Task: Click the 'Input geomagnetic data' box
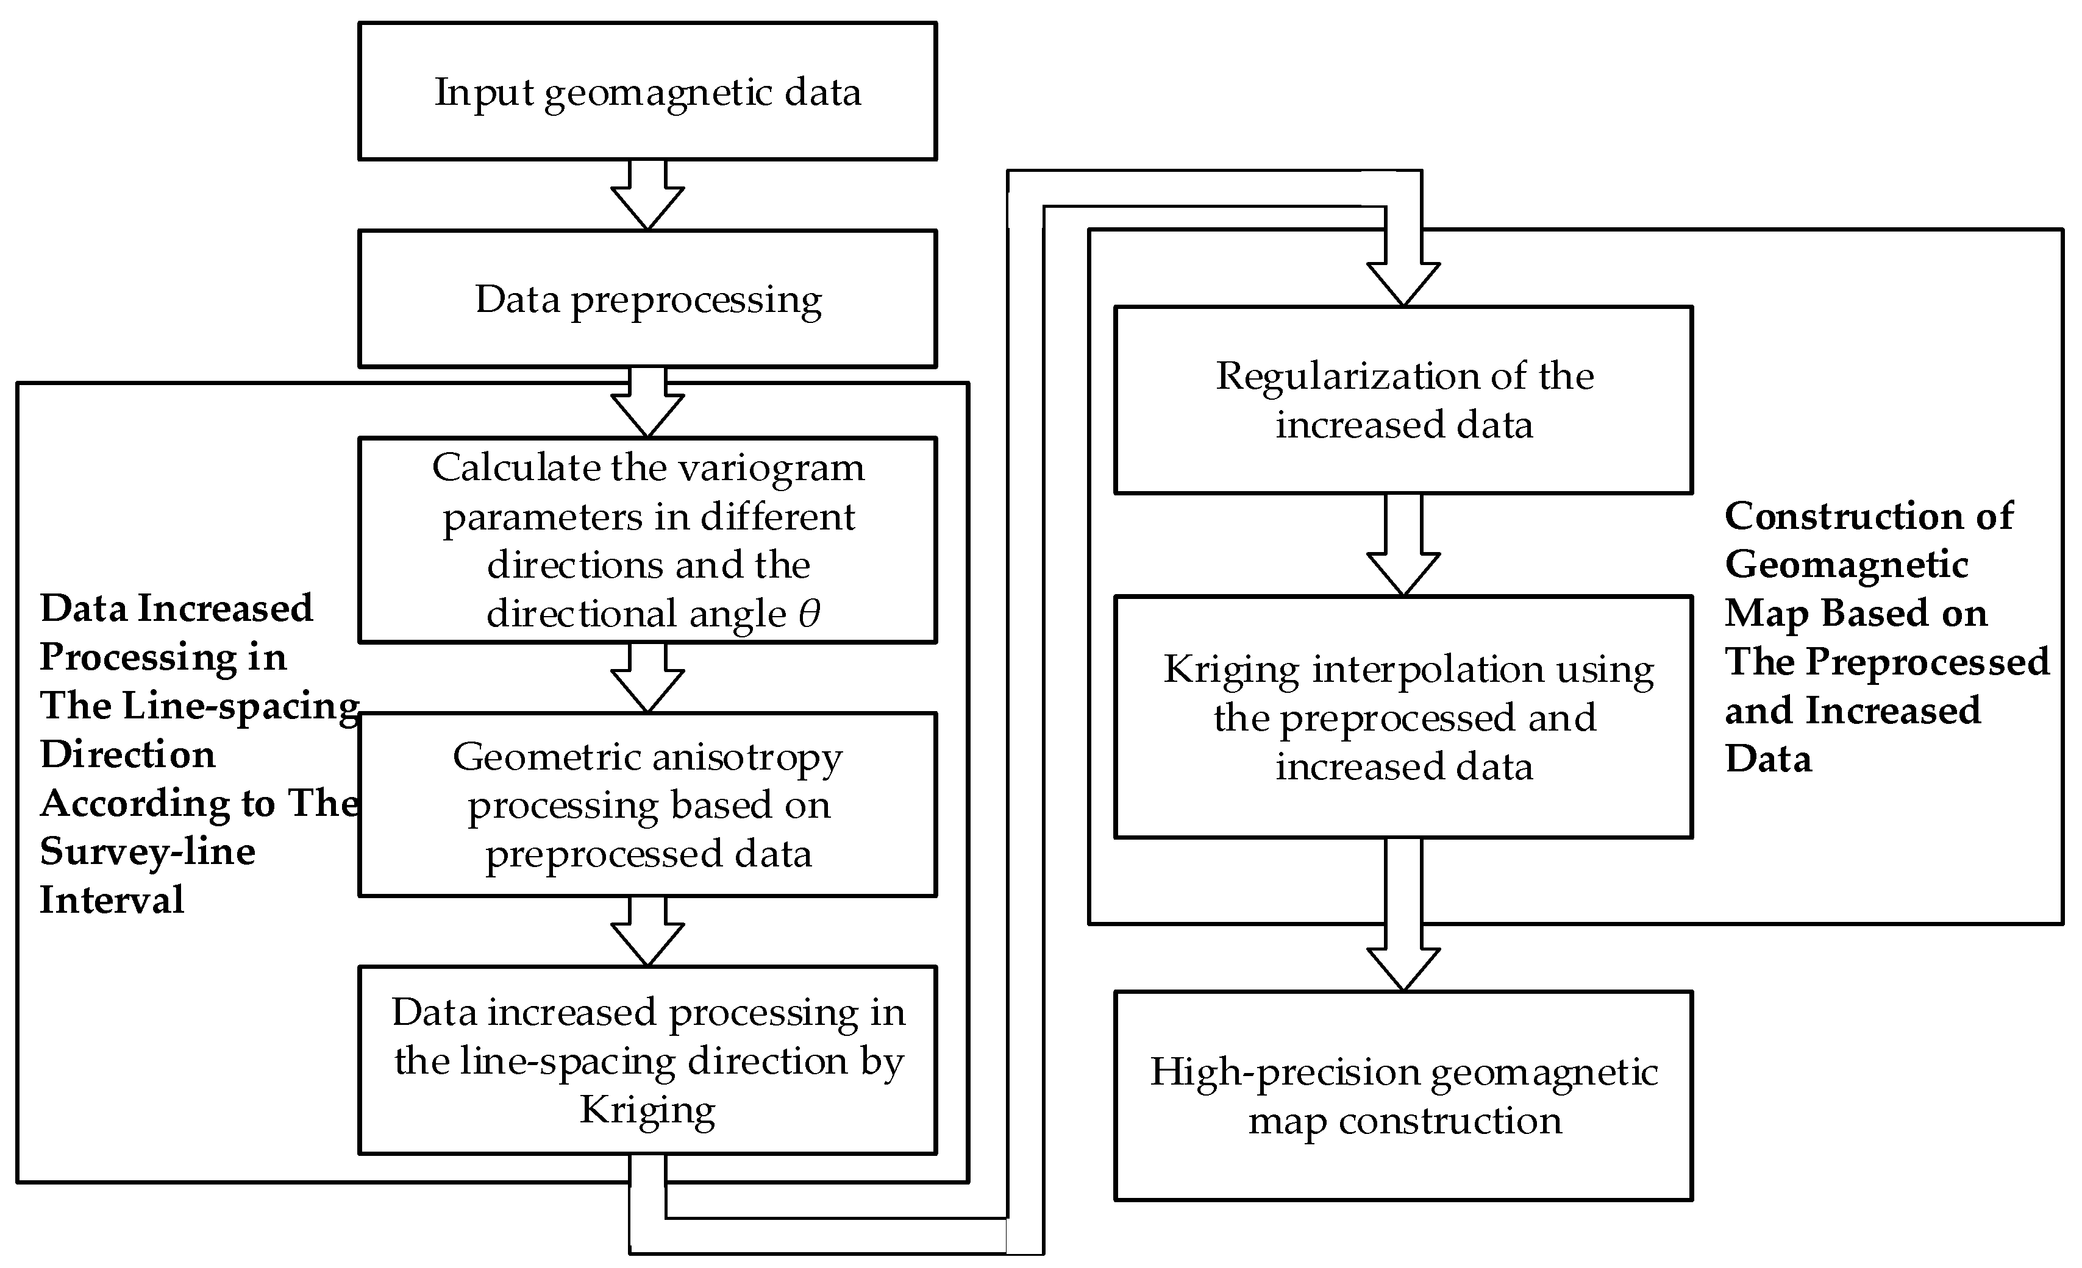click(647, 91)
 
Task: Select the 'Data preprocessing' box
click(647, 299)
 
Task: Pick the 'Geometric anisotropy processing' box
click(647, 804)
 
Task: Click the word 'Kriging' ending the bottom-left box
click(647, 1109)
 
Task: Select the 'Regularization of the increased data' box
click(1403, 400)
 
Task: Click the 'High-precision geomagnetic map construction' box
click(1403, 1096)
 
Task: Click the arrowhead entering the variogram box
click(647, 416)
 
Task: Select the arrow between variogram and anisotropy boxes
click(647, 678)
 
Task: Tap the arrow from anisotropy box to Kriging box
click(647, 931)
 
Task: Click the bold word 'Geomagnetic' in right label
click(1846, 564)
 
